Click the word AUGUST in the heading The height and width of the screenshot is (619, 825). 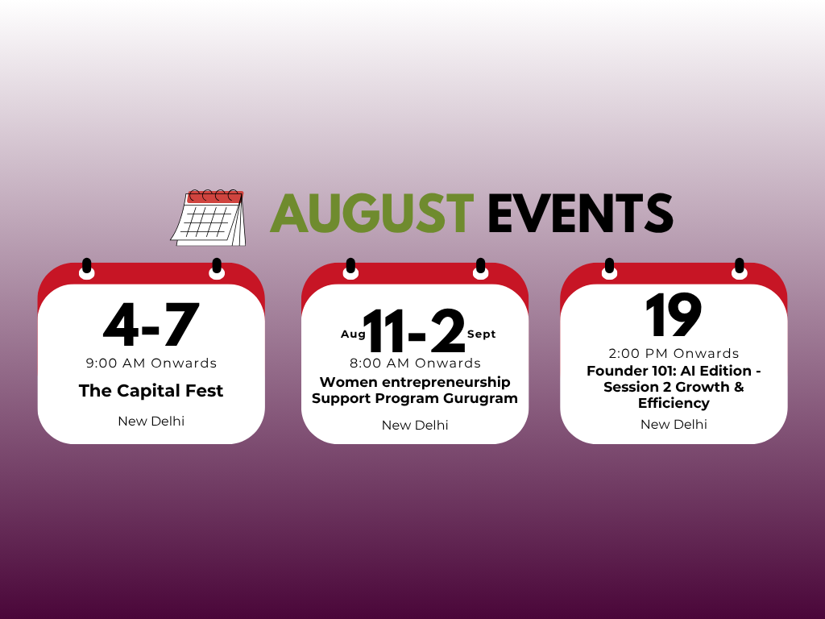click(x=372, y=213)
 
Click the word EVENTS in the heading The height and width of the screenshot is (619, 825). click(x=580, y=213)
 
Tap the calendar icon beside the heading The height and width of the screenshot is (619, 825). click(x=209, y=218)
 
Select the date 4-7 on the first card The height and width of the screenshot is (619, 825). click(x=151, y=324)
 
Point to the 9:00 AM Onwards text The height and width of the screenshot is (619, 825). click(x=151, y=364)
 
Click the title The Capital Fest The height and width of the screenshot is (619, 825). click(x=151, y=391)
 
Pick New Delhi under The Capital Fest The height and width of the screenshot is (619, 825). click(x=151, y=421)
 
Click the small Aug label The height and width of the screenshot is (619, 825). click(x=353, y=334)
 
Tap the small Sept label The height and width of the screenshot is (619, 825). click(x=482, y=334)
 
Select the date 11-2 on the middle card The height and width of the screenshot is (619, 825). click(x=415, y=331)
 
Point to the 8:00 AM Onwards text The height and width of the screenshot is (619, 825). click(x=415, y=364)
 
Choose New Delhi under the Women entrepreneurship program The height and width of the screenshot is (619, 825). click(x=415, y=426)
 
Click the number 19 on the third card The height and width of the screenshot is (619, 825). click(x=674, y=315)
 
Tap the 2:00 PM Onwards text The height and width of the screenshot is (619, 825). click(x=674, y=353)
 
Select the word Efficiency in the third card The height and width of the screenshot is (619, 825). click(x=674, y=403)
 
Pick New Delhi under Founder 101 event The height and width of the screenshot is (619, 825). click(x=674, y=424)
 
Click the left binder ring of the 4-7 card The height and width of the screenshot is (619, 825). click(x=87, y=269)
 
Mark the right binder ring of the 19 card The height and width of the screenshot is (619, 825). click(x=740, y=269)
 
